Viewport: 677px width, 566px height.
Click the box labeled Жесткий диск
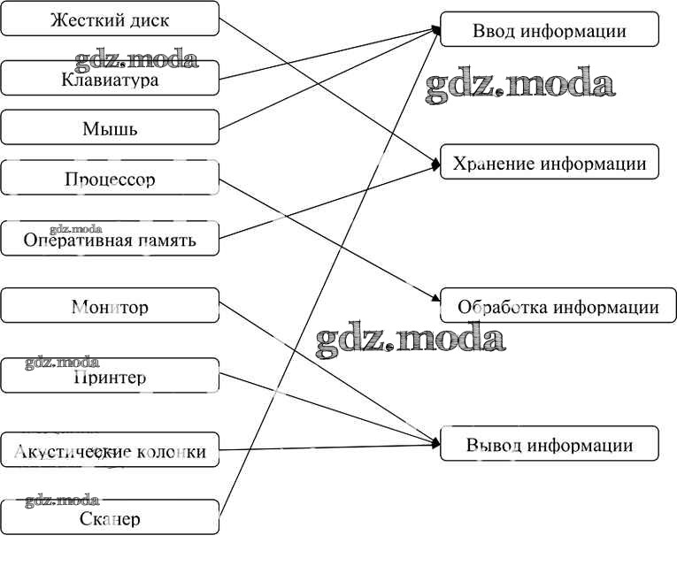[x=110, y=19]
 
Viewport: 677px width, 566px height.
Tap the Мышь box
[x=110, y=128]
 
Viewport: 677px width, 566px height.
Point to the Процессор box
[x=110, y=179]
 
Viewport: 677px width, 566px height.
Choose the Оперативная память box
[x=110, y=239]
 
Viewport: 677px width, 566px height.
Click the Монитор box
[x=110, y=307]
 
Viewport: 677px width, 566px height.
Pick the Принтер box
[x=110, y=377]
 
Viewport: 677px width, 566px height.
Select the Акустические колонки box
[x=110, y=451]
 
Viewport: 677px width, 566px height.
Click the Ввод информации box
[x=549, y=30]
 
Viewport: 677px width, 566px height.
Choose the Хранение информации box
[x=549, y=163]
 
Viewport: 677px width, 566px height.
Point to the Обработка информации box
[x=558, y=307]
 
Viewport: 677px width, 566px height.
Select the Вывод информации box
[x=549, y=444]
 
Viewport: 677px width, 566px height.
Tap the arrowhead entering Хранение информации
[x=436, y=164]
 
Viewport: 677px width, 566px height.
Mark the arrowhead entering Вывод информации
[x=436, y=442]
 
